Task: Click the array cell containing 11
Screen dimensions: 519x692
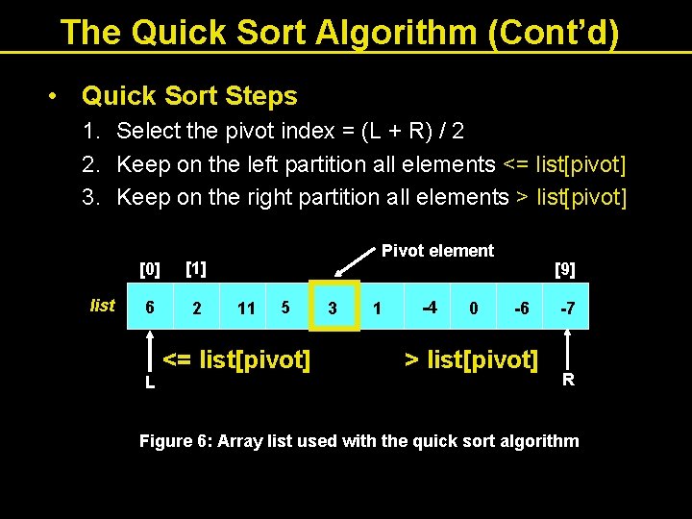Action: coord(246,308)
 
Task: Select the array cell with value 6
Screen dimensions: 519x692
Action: coord(149,307)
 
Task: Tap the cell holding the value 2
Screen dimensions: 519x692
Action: coord(197,308)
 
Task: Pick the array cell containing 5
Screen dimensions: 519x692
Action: coord(285,307)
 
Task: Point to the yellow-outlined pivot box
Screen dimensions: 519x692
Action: coord(334,306)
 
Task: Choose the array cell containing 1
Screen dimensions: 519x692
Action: coord(378,308)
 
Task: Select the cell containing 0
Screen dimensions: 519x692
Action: coord(473,308)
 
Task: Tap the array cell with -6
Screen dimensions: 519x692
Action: coord(520,308)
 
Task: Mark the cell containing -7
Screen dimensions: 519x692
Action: coord(568,308)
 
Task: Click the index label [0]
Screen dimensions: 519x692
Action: coord(150,266)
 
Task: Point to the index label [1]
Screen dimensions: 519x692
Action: coord(196,265)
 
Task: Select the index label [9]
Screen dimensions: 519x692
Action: coord(565,270)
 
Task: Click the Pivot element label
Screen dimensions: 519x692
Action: coord(437,251)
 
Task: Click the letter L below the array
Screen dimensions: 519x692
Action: coord(150,383)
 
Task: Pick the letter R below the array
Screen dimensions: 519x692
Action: coord(568,379)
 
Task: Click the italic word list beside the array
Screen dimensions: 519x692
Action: coord(102,306)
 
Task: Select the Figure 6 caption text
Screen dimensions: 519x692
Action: coord(358,441)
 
